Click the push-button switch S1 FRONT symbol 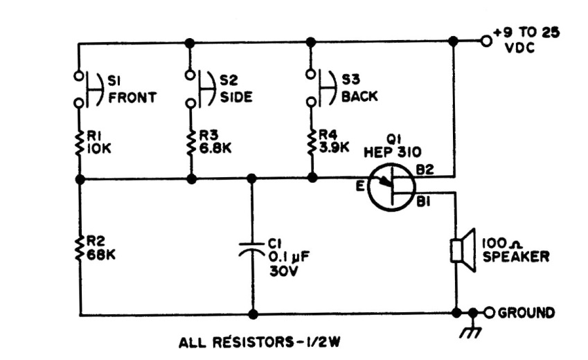pyautogui.click(x=89, y=89)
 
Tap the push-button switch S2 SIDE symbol pyautogui.click(x=201, y=89)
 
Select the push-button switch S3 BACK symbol pyautogui.click(x=321, y=88)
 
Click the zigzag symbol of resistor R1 pyautogui.click(x=79, y=143)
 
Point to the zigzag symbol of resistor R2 pyautogui.click(x=79, y=249)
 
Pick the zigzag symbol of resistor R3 pyautogui.click(x=191, y=143)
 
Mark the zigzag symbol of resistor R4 pyautogui.click(x=312, y=142)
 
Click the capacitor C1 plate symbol pyautogui.click(x=252, y=249)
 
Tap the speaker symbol pyautogui.click(x=463, y=251)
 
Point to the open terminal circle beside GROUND pyautogui.click(x=489, y=312)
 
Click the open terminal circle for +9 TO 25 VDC pyautogui.click(x=486, y=41)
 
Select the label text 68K pyautogui.click(x=101, y=255)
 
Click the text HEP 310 pyautogui.click(x=393, y=152)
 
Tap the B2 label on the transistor pyautogui.click(x=425, y=170)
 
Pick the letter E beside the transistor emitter pyautogui.click(x=360, y=186)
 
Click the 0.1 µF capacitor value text pyautogui.click(x=289, y=257)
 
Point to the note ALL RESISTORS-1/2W pyautogui.click(x=260, y=343)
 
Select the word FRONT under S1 pyautogui.click(x=132, y=98)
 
